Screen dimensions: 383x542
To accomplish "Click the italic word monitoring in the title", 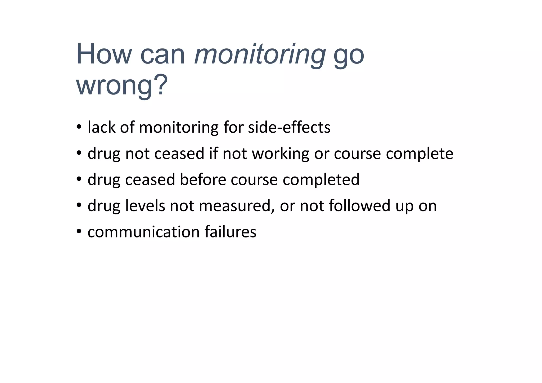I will (x=260, y=54).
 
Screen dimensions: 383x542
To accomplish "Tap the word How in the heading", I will (x=104, y=54).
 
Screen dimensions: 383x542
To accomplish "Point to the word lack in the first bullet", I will (x=102, y=127).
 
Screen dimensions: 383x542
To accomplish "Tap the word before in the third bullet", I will (x=203, y=180).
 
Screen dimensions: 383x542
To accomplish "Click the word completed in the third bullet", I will (x=321, y=180).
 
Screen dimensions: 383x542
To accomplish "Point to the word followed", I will (x=360, y=206).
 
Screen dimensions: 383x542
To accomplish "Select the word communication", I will (x=143, y=232).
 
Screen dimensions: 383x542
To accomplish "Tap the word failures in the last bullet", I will (x=230, y=232).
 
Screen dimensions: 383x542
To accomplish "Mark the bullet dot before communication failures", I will (x=79, y=232).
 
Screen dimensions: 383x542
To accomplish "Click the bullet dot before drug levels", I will (x=79, y=205).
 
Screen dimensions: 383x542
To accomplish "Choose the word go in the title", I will (x=349, y=54).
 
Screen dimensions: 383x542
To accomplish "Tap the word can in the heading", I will (x=162, y=54).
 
